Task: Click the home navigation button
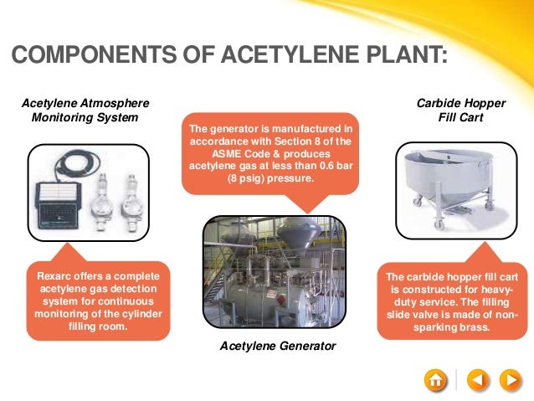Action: pyautogui.click(x=436, y=379)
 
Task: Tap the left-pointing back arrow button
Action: pyautogui.click(x=475, y=379)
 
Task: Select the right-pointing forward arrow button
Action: pyautogui.click(x=510, y=379)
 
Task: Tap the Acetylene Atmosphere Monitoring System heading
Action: pyautogui.click(x=85, y=111)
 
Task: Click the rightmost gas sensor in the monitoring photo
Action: pyautogui.click(x=130, y=201)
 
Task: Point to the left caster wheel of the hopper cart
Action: pyautogui.click(x=416, y=201)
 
